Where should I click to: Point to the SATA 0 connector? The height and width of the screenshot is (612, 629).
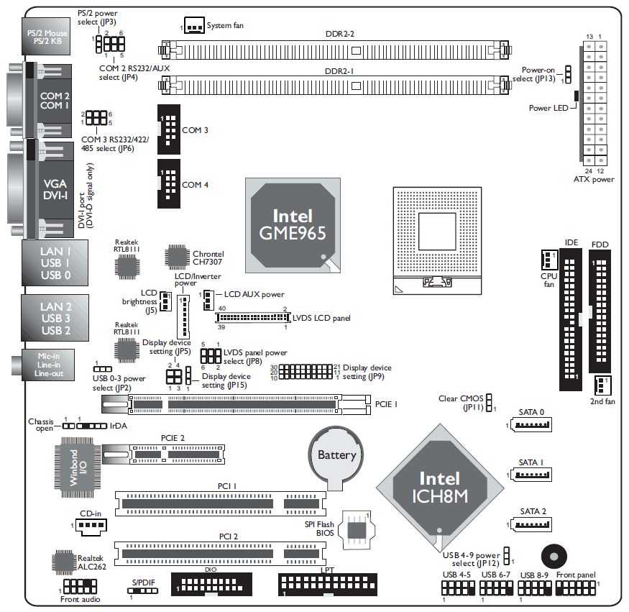click(532, 425)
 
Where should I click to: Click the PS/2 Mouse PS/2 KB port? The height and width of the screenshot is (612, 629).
click(47, 37)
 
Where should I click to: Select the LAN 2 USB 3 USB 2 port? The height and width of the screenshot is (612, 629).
click(55, 319)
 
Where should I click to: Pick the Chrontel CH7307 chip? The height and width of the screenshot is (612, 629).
click(177, 257)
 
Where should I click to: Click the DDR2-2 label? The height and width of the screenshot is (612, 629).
click(339, 33)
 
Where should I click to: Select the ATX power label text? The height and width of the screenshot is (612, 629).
click(594, 179)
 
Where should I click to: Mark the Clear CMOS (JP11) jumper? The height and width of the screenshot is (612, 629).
click(489, 402)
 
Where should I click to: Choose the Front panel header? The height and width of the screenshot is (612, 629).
click(576, 588)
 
